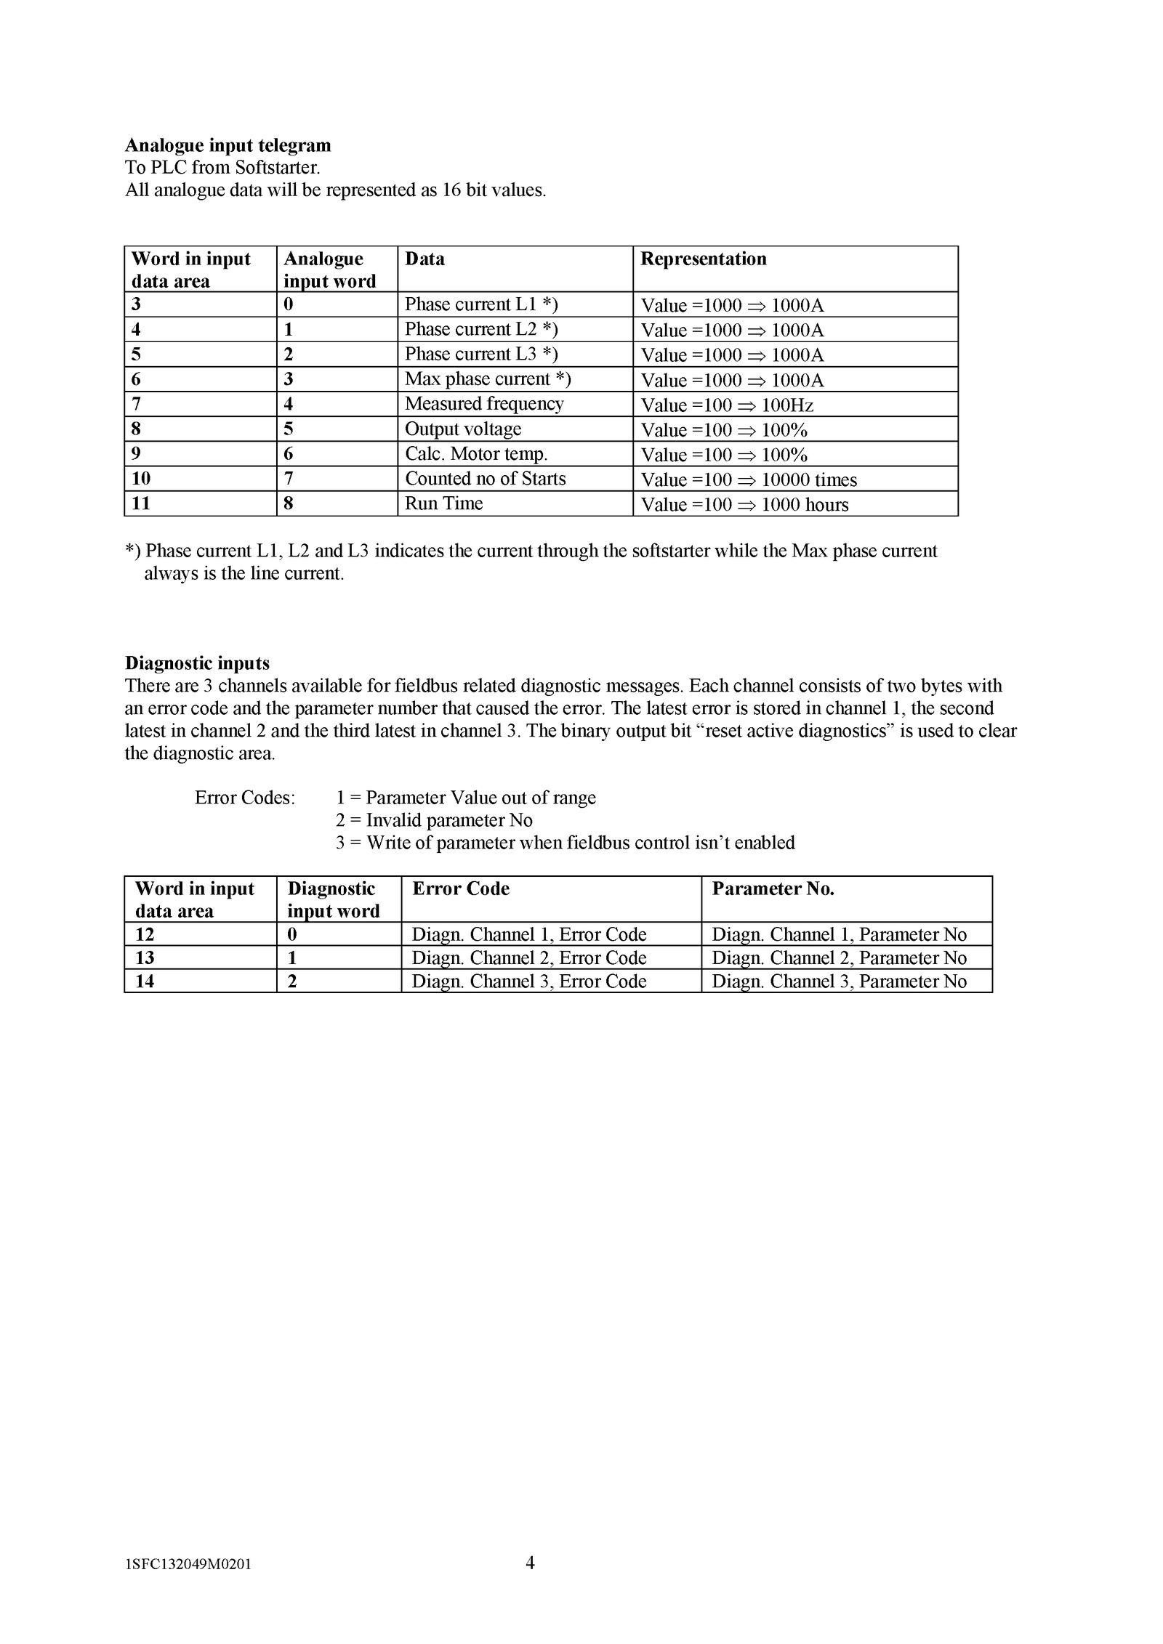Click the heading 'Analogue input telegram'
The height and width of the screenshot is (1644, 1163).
tap(228, 145)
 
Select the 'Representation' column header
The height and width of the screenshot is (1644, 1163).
tap(703, 259)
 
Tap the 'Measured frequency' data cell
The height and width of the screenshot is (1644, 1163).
tap(484, 404)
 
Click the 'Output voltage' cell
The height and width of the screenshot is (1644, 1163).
tap(463, 429)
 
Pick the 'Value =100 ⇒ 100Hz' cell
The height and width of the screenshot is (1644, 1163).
tap(727, 405)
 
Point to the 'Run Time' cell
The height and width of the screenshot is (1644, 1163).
tap(443, 503)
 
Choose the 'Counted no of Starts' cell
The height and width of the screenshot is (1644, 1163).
tap(485, 479)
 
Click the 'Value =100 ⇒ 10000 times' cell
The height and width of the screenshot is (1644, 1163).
tap(749, 480)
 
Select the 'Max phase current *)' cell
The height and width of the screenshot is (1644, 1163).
tap(488, 379)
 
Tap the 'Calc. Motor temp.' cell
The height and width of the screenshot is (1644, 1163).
tap(476, 454)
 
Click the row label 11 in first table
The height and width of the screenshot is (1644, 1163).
tap(141, 503)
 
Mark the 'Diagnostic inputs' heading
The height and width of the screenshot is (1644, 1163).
tap(197, 663)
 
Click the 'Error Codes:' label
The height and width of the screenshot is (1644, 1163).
tap(245, 798)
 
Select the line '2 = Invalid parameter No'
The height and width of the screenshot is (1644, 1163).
tap(434, 820)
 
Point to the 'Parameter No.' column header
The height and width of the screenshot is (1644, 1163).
tap(773, 888)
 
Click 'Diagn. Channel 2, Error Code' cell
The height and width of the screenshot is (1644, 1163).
tap(529, 957)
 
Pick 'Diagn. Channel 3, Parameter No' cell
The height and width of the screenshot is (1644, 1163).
tap(839, 981)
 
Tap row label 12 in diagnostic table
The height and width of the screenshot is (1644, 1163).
tap(145, 934)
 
